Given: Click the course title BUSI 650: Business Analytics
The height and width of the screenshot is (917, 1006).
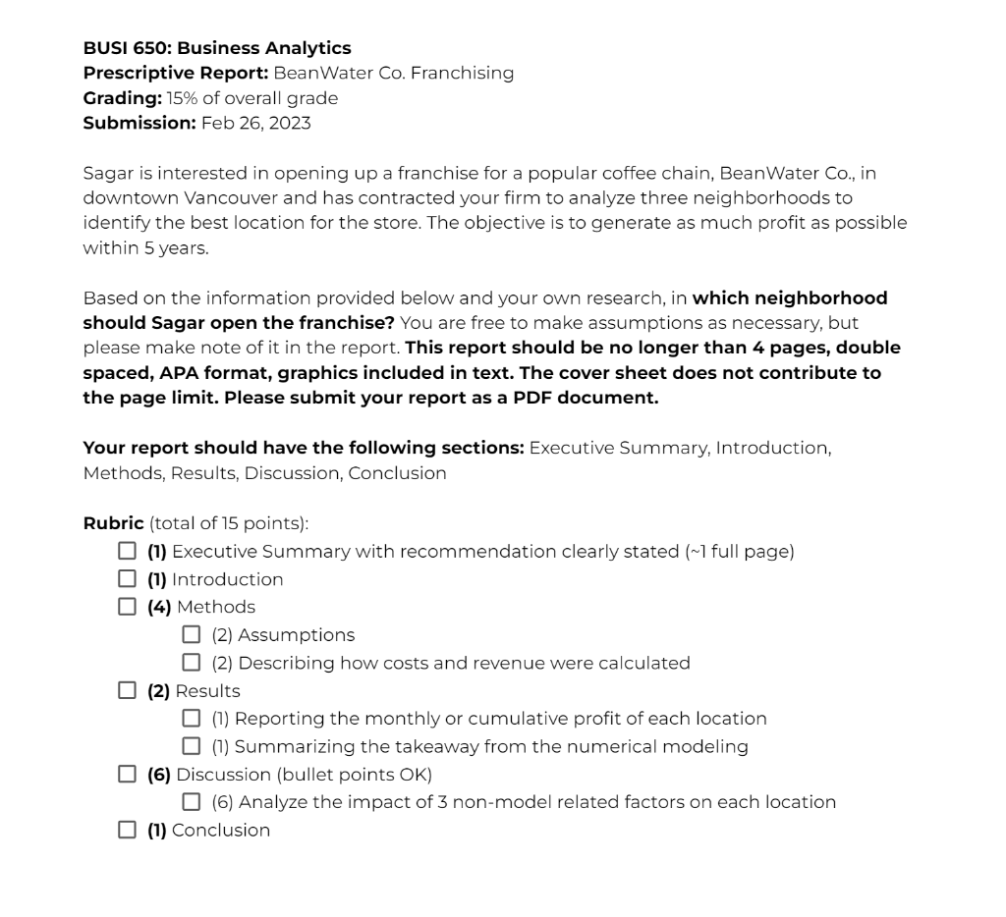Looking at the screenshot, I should (216, 48).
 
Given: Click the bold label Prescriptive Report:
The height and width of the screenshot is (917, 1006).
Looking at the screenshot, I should (175, 73).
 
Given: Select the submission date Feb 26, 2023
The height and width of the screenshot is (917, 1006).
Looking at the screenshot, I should (255, 123).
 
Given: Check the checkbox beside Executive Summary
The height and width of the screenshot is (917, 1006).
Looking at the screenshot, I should (127, 551).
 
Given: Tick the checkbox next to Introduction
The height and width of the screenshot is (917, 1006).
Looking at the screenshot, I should (127, 579).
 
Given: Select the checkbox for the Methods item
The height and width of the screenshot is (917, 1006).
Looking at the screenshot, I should (127, 607).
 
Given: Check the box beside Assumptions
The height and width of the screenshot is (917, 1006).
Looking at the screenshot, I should (192, 634).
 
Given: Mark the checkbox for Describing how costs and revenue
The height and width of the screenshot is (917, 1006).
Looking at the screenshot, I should (192, 663).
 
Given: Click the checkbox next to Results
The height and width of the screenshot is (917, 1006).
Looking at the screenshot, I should (127, 690).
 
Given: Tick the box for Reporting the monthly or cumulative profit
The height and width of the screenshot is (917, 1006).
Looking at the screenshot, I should (192, 718).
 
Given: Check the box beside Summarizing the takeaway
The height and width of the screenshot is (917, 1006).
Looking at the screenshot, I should (192, 746).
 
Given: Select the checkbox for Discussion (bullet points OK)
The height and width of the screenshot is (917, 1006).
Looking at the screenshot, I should (127, 774).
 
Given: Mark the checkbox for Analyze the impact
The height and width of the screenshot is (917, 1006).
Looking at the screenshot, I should (192, 802).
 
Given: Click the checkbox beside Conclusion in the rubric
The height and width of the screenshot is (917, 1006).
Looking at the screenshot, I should (127, 830).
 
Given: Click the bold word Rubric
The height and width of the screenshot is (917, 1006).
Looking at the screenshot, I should (113, 523).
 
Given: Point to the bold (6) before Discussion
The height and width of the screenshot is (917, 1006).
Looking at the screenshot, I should (158, 775).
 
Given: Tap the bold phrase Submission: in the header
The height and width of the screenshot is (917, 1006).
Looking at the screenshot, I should (140, 123).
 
